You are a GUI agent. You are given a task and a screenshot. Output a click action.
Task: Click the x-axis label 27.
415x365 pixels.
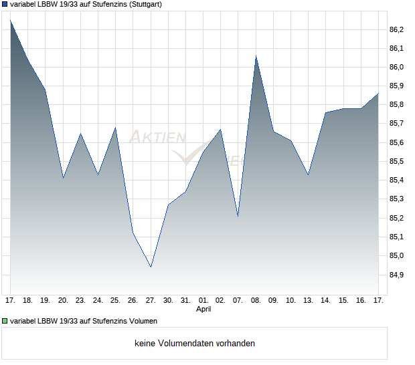[x=151, y=301]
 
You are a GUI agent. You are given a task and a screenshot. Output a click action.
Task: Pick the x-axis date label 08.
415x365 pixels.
[x=256, y=301]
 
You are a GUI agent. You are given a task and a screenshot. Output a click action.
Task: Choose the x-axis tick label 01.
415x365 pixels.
[x=203, y=301]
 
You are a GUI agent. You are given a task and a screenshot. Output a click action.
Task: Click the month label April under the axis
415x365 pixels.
[x=203, y=310]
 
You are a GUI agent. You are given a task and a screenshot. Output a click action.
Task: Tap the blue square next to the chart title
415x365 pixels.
[x=5, y=4]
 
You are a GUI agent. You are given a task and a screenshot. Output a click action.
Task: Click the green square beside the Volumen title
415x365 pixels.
[x=5, y=321]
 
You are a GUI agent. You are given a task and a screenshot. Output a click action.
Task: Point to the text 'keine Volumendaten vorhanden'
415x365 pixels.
[x=195, y=344]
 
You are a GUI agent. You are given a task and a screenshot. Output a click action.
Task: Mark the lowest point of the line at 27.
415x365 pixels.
[x=151, y=267]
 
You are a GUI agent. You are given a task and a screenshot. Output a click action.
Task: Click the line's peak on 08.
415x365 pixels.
[x=256, y=56]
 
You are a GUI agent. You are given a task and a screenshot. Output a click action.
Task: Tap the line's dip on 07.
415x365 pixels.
[x=238, y=217]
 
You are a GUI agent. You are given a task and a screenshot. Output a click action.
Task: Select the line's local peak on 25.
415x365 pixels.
[x=116, y=127]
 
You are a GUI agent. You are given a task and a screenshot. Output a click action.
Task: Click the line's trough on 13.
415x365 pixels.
[x=309, y=174]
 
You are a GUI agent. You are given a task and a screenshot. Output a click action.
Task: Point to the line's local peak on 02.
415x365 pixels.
[x=221, y=129]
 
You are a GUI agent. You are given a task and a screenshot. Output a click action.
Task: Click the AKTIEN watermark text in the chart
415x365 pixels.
[x=156, y=138]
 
